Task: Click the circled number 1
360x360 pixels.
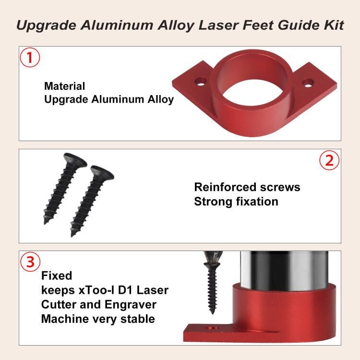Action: click(30, 59)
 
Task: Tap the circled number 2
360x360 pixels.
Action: click(329, 161)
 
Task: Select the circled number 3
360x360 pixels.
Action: click(30, 263)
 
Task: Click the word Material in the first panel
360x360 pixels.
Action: click(64, 86)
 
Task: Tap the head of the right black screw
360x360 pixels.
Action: click(102, 172)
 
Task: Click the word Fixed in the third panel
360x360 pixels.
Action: click(57, 276)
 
